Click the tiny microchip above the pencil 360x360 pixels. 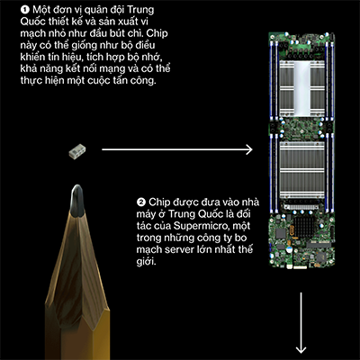tap(77, 151)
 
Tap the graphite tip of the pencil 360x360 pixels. tap(77, 201)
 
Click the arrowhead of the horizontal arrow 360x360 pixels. tap(249, 149)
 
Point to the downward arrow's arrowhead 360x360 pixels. tap(301, 348)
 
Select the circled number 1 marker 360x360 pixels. tap(25, 10)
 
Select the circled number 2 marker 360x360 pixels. tap(140, 202)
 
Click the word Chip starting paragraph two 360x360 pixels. tap(158, 202)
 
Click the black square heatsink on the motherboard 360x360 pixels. tap(305, 226)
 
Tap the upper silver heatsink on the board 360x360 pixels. tap(301, 89)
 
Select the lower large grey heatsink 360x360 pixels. tap(301, 170)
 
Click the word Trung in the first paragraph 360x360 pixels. tap(140, 10)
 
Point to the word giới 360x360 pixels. tap(146, 262)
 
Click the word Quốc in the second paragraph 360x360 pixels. tap(211, 214)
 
